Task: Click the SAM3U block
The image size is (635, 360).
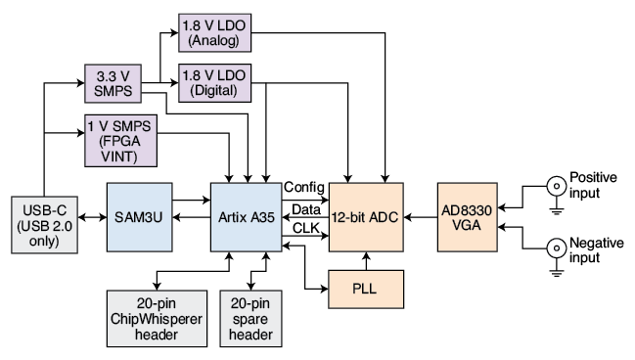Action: point(139,217)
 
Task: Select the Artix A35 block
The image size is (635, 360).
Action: point(247,217)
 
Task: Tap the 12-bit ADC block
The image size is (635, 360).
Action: point(366,217)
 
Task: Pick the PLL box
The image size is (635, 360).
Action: point(366,290)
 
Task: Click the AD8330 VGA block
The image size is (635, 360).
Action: point(468,217)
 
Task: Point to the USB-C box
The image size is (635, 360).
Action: point(45,225)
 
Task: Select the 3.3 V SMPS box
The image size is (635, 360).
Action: point(113,83)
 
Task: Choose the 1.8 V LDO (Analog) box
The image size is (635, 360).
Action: point(214,33)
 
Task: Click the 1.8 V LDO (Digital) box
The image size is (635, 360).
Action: point(214,83)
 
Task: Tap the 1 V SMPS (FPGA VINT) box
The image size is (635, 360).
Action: point(120,141)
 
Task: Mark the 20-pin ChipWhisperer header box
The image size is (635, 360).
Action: point(157,319)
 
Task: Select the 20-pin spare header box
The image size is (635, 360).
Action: point(250,319)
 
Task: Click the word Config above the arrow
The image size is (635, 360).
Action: point(304,187)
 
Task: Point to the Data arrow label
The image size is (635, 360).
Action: point(306,209)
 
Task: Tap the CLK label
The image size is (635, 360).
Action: point(305,228)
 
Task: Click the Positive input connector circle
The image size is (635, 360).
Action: point(557,186)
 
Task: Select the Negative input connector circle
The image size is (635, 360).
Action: point(557,247)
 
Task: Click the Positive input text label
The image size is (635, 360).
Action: point(593,185)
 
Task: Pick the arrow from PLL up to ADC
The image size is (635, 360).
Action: point(366,261)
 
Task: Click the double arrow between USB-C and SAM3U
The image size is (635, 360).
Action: point(92,217)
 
